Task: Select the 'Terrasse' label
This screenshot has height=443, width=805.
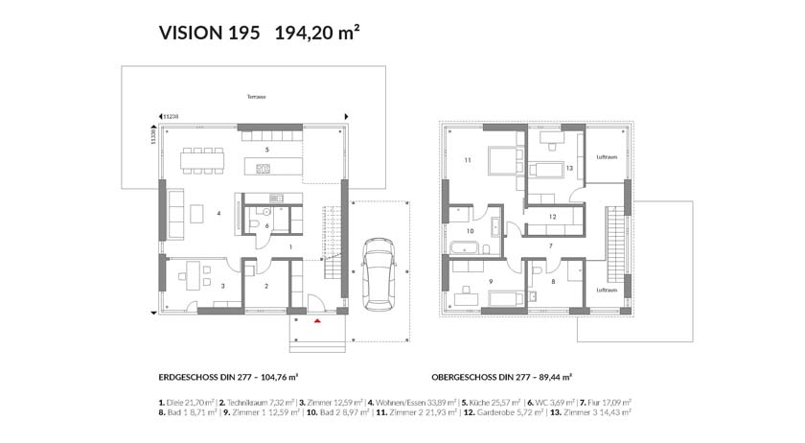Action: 255,97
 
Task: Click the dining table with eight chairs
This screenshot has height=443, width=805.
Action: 204,160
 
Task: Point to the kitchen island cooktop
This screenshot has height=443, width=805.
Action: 264,170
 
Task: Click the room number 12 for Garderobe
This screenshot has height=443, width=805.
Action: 553,217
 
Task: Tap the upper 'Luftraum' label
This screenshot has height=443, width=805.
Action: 606,156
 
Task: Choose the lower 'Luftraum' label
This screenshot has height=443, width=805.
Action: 606,290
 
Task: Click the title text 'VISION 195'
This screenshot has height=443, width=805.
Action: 210,34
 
